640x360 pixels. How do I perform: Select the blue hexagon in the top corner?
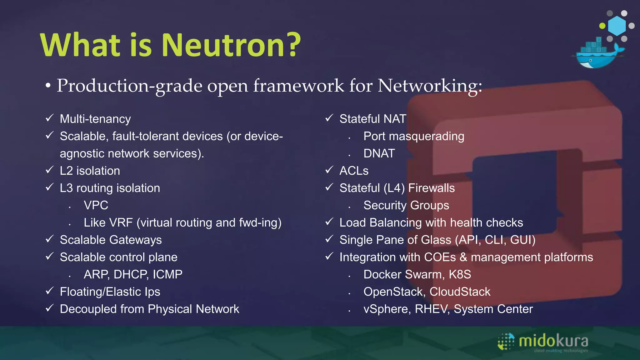617,26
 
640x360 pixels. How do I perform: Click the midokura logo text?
553,341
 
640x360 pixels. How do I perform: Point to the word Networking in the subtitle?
430,86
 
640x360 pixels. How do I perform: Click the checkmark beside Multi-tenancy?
50,118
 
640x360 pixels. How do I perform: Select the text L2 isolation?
90,171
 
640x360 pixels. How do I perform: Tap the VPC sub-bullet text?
96,205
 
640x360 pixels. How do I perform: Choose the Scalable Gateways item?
111,240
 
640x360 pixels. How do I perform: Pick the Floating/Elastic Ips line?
110,292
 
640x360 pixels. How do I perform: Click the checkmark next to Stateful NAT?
329,118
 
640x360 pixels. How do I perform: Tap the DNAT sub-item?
379,153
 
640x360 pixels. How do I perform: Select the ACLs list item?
354,171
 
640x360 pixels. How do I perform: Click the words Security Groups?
406,205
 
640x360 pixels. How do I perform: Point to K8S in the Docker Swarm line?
460,274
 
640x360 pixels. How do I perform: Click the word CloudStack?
460,292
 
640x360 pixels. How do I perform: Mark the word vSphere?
387,309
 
